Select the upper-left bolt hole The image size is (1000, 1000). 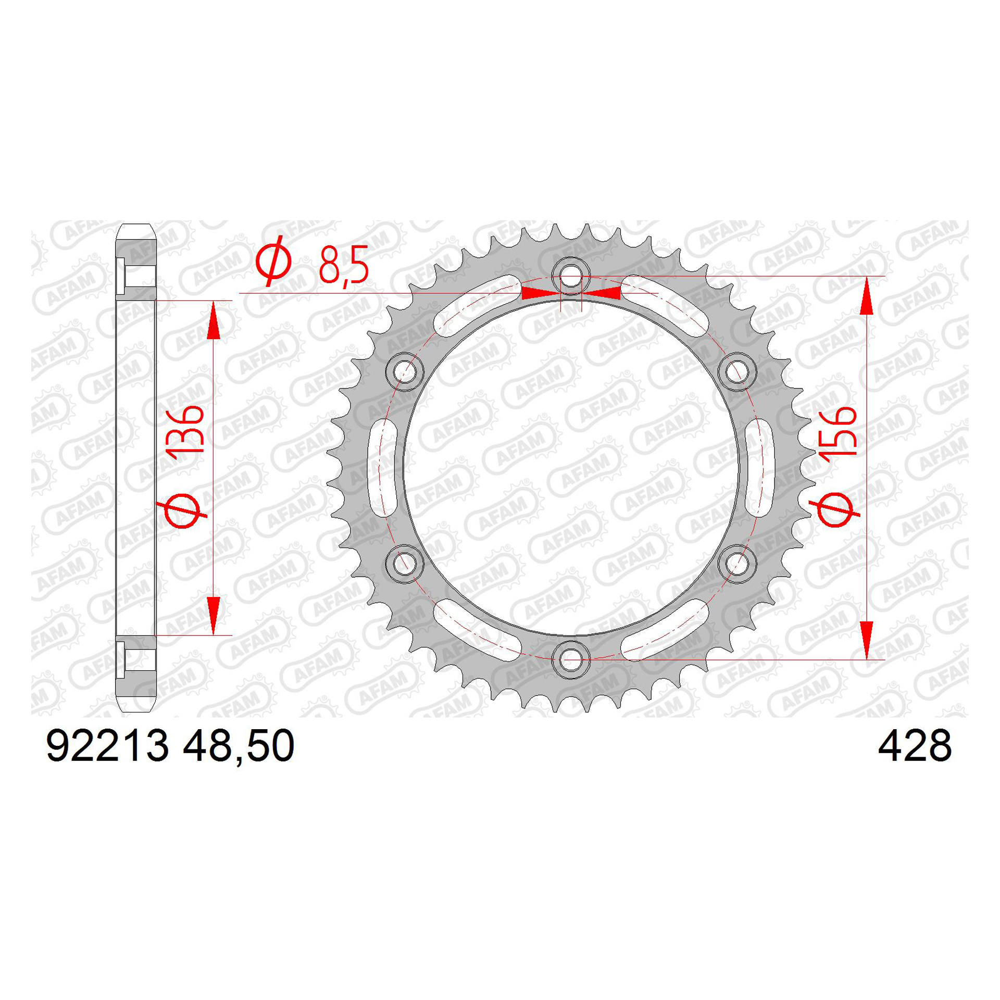(405, 372)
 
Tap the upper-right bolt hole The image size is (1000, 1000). (737, 372)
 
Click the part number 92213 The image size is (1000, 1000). (108, 747)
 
